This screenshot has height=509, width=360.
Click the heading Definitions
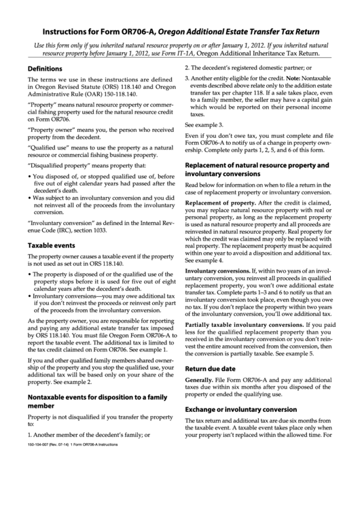(45, 69)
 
